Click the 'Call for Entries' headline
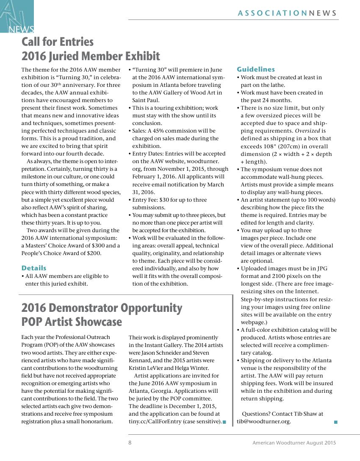click(x=58, y=42)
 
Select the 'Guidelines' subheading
click(x=256, y=69)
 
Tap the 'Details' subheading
click(x=34, y=268)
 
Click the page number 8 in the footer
click(x=130, y=443)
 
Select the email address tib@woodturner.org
click(x=264, y=422)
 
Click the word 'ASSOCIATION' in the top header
click(x=272, y=13)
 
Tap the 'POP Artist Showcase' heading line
click(x=72, y=322)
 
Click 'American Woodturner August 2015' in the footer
click(x=294, y=443)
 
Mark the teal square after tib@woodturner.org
click(x=336, y=422)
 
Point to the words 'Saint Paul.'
click(x=146, y=100)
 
